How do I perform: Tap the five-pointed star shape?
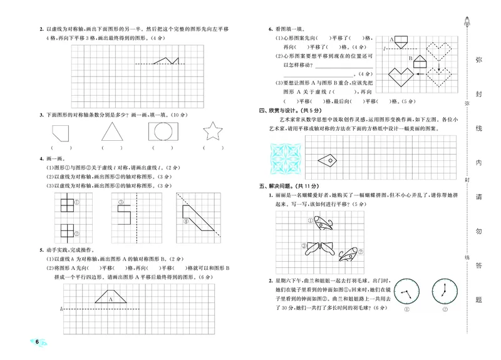coord(213,132)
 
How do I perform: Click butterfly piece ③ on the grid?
coord(314,250)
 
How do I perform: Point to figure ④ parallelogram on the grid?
coord(199,219)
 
